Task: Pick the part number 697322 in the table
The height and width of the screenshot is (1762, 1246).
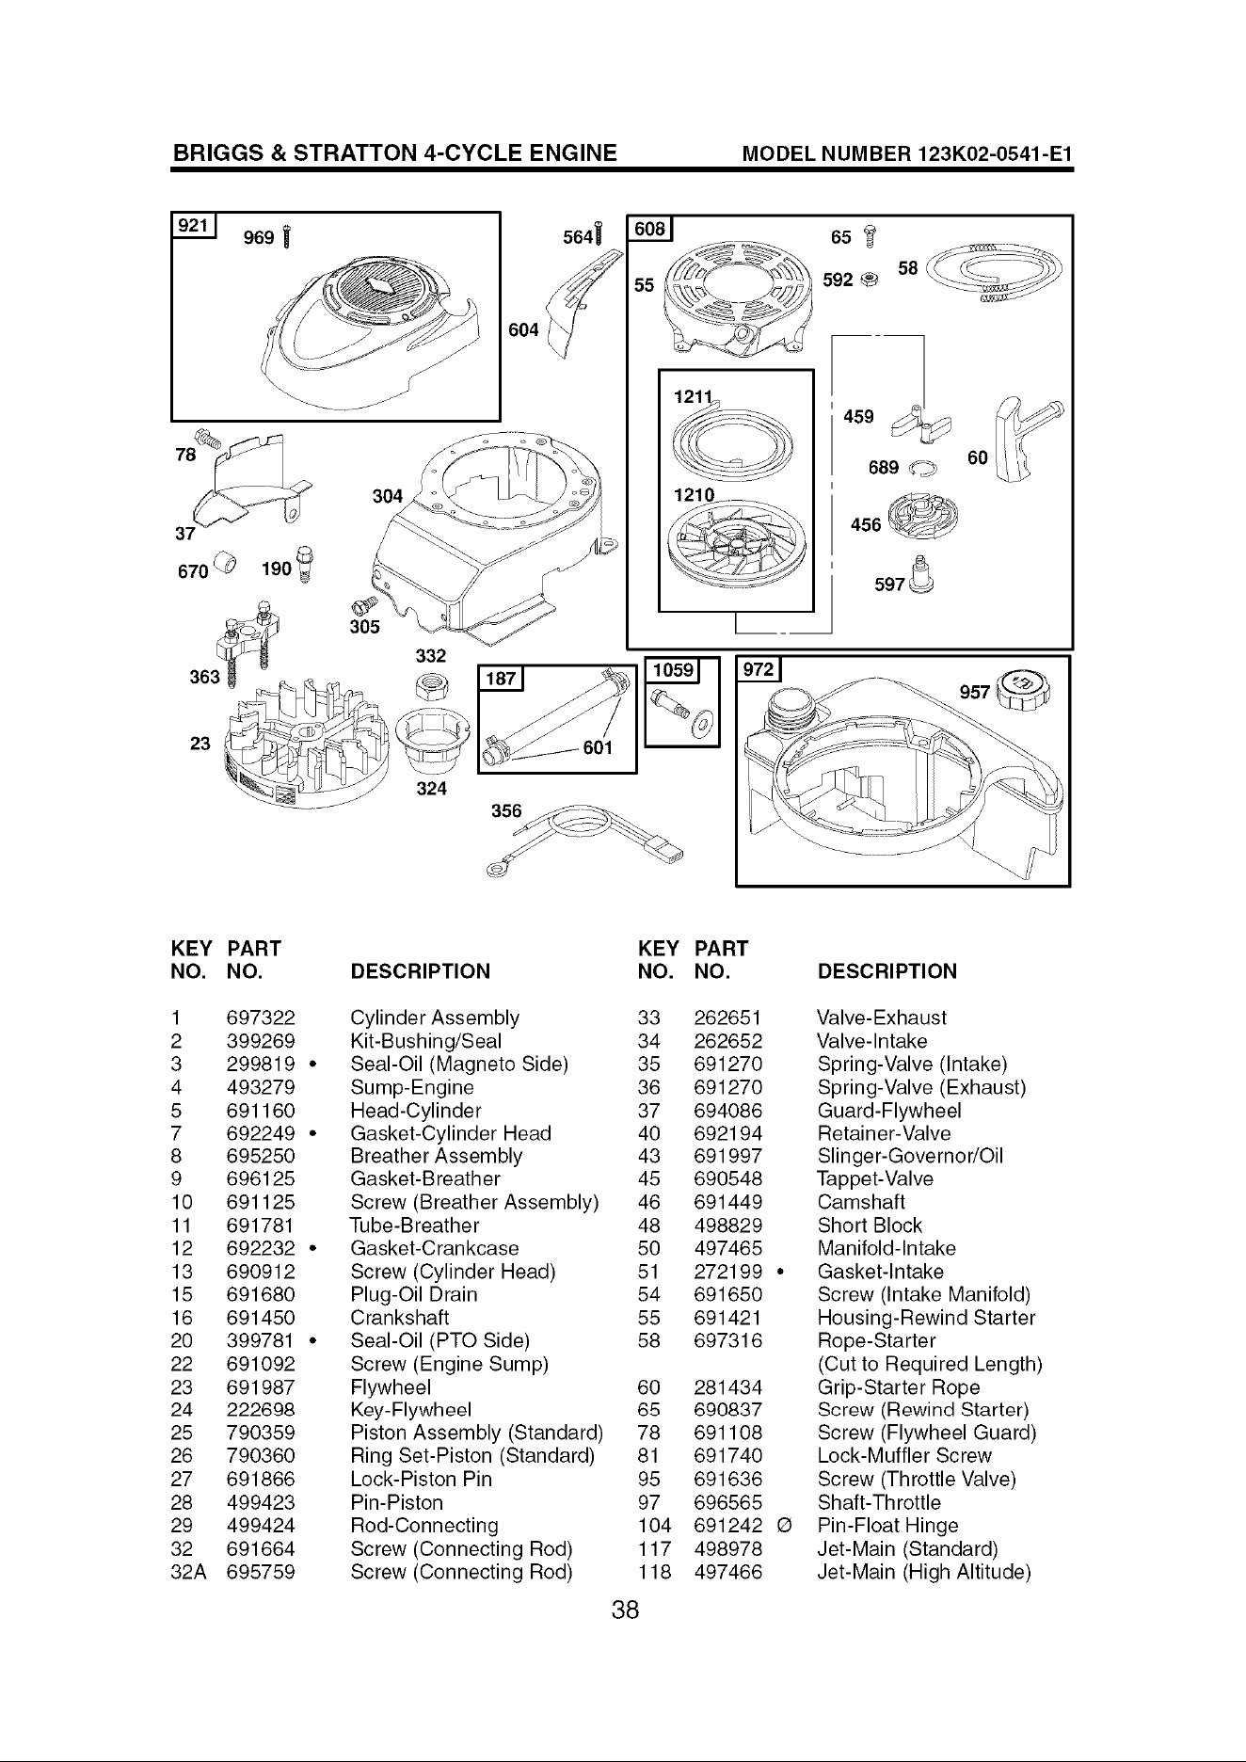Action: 261,1017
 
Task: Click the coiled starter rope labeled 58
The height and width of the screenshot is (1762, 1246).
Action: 997,271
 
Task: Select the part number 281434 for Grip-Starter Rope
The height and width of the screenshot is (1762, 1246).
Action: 727,1387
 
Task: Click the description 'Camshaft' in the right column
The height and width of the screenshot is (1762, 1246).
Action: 862,1203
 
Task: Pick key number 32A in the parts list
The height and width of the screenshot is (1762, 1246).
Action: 188,1572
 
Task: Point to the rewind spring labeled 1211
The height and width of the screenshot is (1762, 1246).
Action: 738,437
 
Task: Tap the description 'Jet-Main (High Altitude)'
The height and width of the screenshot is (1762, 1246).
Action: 924,1572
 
